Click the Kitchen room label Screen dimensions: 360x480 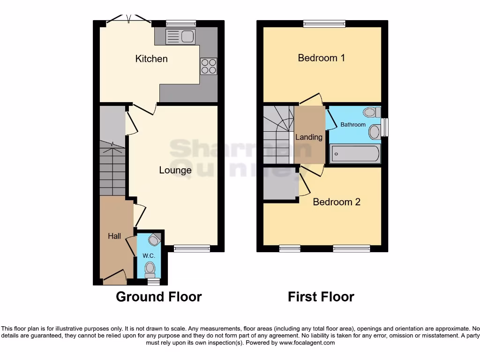(x=151, y=59)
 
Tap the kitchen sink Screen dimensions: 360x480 (x=180, y=36)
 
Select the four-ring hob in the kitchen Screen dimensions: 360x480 (x=209, y=66)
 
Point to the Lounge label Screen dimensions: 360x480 (x=175, y=170)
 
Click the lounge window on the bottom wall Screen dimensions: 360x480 (x=192, y=248)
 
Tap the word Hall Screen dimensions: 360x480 (x=114, y=236)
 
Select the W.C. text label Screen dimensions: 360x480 (x=149, y=256)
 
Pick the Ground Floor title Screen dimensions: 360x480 (x=158, y=297)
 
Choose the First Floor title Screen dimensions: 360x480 (x=321, y=297)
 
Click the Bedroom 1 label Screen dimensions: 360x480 (x=322, y=58)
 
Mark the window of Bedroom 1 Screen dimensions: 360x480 (x=324, y=23)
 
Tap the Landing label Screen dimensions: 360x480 (x=308, y=137)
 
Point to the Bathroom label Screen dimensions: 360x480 (x=353, y=125)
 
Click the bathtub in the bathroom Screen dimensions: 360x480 (x=355, y=153)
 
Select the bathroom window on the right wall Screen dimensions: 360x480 (x=385, y=127)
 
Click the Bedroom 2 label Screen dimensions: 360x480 (x=337, y=202)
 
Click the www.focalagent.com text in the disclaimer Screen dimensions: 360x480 (x=307, y=343)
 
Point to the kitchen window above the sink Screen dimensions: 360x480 (x=181, y=23)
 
